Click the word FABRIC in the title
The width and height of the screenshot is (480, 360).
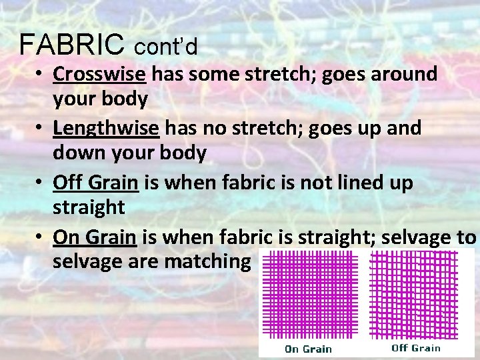pos(71,44)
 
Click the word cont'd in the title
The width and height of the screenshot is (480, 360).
pos(166,47)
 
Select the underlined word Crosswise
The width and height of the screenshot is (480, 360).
pos(99,74)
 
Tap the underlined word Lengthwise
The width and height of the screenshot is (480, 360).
pos(106,128)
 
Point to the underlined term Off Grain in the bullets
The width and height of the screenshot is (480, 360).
pos(95,182)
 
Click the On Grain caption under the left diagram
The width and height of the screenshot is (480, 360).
pos(308,349)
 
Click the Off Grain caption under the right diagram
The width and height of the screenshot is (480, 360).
pos(416,347)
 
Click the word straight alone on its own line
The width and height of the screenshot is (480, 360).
pos(89,207)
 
